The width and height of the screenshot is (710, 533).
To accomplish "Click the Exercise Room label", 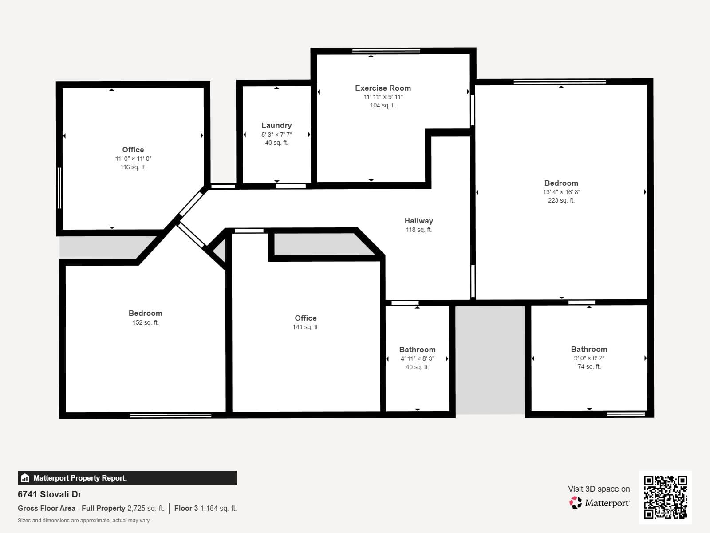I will click(x=383, y=88).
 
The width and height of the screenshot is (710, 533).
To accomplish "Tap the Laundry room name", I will click(x=276, y=125).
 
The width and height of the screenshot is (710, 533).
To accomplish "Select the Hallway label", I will click(x=418, y=221).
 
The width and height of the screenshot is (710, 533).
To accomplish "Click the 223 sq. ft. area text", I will click(x=561, y=200).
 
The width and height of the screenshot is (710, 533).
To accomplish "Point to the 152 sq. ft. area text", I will click(x=145, y=322).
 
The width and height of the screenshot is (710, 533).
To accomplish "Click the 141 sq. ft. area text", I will click(x=305, y=327).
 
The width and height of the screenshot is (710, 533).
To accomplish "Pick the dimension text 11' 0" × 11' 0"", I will click(x=133, y=159).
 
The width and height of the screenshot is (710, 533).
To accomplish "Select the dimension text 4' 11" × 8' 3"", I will click(x=417, y=358).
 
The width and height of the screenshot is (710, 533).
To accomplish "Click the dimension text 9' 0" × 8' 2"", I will click(x=589, y=358).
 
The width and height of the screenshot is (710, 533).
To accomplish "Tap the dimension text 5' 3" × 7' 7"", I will click(x=276, y=134).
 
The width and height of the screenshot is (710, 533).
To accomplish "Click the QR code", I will click(x=665, y=497).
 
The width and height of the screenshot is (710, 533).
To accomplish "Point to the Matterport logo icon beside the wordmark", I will click(x=576, y=503).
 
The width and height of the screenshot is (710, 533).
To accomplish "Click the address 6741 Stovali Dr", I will click(x=50, y=494).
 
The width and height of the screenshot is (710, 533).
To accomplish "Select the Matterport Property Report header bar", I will click(x=127, y=478).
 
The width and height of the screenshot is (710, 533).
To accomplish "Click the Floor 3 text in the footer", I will click(x=186, y=508).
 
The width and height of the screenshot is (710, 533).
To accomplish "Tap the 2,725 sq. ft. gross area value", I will click(x=146, y=508).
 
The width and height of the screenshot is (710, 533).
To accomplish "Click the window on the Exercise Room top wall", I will click(x=386, y=51).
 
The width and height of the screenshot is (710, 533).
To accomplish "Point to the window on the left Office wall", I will click(x=59, y=188).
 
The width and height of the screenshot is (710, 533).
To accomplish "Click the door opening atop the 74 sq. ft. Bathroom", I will click(x=581, y=302).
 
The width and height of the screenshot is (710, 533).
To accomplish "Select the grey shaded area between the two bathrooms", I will click(x=490, y=360).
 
